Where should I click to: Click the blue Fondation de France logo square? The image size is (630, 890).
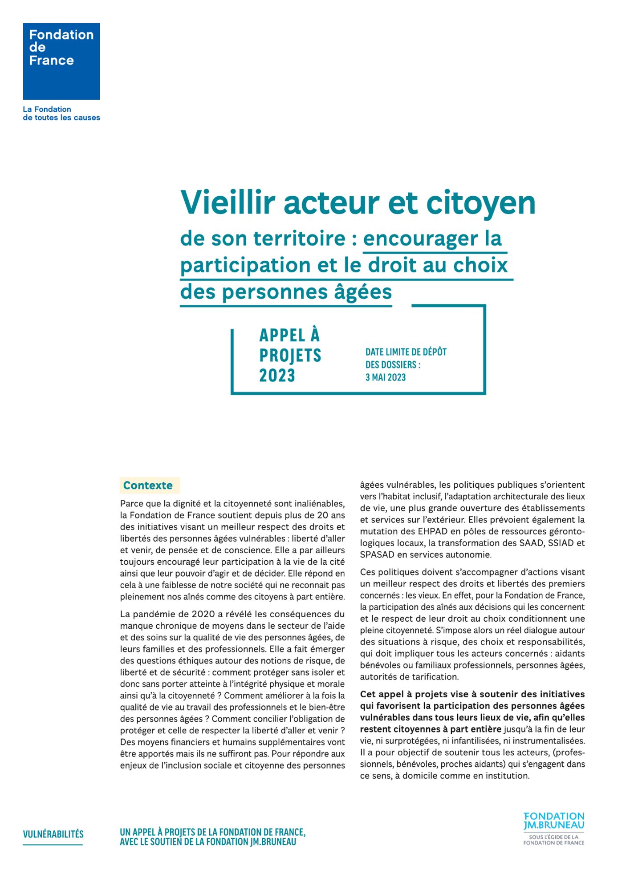tap(61, 61)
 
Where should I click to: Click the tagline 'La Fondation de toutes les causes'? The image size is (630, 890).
tap(61, 113)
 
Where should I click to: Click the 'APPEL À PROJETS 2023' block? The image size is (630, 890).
tap(290, 356)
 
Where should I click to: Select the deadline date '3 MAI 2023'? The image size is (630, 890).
tap(386, 377)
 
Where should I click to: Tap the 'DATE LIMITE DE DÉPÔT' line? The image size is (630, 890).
tap(406, 352)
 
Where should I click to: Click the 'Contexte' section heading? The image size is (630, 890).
tap(148, 485)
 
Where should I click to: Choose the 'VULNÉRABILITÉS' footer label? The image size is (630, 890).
tap(53, 834)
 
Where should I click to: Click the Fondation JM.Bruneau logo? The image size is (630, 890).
tap(554, 821)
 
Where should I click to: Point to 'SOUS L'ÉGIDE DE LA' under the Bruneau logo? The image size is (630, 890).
tap(554, 837)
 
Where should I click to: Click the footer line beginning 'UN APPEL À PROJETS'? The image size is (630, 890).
tap(212, 832)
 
